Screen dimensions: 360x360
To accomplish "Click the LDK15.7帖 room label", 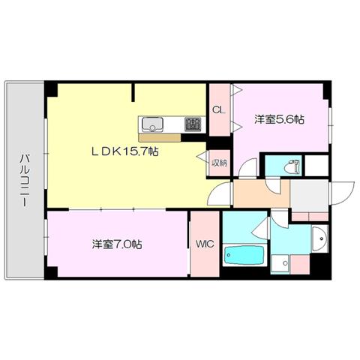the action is (x=125, y=151).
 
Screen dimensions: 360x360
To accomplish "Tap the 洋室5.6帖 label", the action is (x=279, y=119).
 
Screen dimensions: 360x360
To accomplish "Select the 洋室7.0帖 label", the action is (x=117, y=244).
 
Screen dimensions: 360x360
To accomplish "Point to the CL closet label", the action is (x=219, y=110).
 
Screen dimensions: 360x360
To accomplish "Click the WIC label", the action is (x=205, y=244).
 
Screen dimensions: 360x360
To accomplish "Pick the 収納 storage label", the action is (x=220, y=163).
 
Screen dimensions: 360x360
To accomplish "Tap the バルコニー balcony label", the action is (x=25, y=180).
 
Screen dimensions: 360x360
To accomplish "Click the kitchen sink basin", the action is (x=152, y=124).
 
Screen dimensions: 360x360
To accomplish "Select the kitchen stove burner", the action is (x=193, y=124).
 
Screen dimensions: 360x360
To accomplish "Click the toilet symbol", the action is (x=292, y=166).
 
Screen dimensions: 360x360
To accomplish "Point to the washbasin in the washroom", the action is (x=319, y=238).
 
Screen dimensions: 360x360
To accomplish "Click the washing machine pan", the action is (x=280, y=264).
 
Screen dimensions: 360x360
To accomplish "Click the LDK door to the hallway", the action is (x=220, y=193).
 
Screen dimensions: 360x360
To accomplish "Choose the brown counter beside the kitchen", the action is (x=160, y=137).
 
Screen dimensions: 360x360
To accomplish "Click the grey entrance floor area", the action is (x=309, y=195).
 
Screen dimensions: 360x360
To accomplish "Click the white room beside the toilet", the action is (x=316, y=166).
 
